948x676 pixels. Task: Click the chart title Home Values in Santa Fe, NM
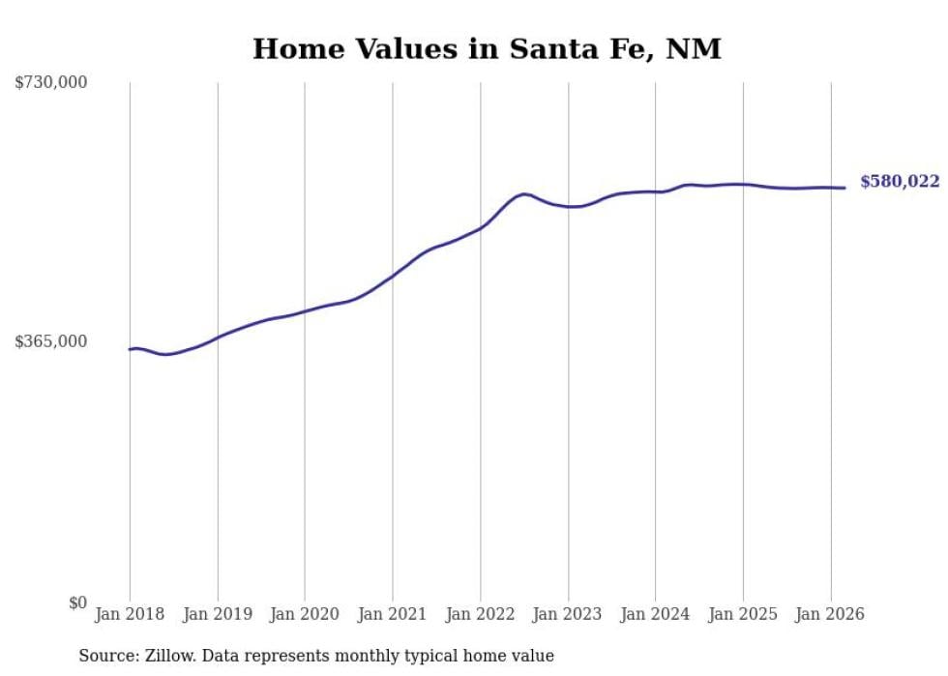(487, 48)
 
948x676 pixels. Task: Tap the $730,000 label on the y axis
(51, 83)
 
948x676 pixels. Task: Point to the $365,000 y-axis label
(51, 341)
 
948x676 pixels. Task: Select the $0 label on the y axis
(77, 603)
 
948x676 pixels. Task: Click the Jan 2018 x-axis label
(130, 614)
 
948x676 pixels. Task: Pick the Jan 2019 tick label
(218, 614)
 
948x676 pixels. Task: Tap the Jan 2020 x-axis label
(305, 614)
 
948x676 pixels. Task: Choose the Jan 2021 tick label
(393, 614)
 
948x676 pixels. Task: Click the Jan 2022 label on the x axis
(480, 614)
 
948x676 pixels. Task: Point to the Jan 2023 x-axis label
(568, 614)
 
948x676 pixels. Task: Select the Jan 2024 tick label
(655, 614)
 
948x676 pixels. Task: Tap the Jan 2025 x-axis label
(743, 614)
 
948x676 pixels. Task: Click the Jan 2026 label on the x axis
(830, 614)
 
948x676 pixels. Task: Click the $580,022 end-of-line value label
(900, 182)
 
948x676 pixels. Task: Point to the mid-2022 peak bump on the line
(523, 194)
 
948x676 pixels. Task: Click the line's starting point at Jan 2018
(131, 349)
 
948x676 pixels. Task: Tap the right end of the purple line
(844, 188)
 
